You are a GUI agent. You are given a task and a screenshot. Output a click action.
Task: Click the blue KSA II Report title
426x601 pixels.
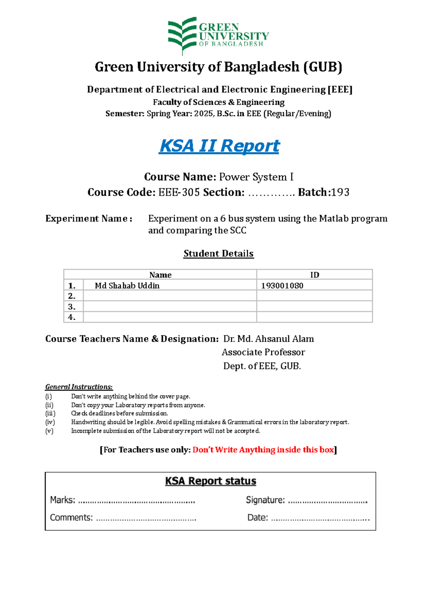[219, 146]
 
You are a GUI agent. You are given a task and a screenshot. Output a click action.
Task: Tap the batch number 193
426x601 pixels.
[340, 192]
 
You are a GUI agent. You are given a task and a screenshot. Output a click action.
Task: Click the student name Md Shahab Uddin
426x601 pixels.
[127, 286]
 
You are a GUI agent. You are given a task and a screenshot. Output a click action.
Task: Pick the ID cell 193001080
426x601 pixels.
[282, 286]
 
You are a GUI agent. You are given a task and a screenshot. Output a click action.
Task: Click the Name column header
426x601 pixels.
[160, 275]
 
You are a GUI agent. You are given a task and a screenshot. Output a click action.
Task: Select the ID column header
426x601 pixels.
[315, 275]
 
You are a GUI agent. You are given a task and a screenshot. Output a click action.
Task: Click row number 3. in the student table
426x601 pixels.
[72, 307]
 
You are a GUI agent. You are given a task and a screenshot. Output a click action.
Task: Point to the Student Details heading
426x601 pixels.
[218, 253]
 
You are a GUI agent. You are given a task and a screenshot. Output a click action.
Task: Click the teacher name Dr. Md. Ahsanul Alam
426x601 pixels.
[268, 339]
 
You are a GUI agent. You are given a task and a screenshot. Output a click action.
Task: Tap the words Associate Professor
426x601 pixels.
[263, 352]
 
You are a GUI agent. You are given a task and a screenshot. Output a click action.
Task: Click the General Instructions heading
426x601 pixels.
[79, 387]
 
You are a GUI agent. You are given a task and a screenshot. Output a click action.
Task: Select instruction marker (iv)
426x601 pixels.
[50, 422]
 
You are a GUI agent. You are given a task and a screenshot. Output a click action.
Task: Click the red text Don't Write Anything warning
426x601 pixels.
[263, 450]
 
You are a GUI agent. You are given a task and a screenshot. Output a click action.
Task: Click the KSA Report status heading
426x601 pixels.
[211, 481]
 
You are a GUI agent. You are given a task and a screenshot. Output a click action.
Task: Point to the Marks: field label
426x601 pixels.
[62, 500]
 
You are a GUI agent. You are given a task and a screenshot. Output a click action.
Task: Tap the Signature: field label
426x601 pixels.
[265, 500]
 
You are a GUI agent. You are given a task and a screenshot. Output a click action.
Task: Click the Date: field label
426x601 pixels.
[257, 518]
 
